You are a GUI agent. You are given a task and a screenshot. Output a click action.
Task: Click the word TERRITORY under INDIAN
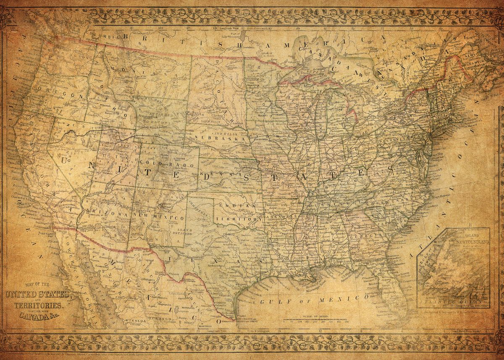[238, 219]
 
